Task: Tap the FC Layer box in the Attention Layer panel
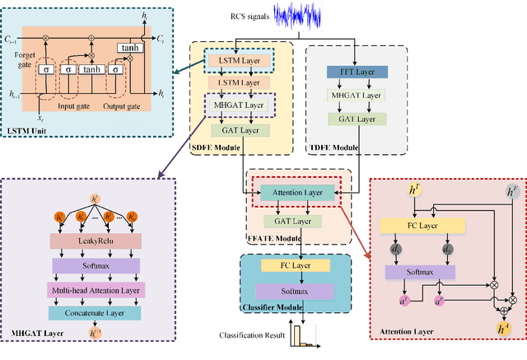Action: [x=422, y=224]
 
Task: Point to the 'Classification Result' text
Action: [x=251, y=335]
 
